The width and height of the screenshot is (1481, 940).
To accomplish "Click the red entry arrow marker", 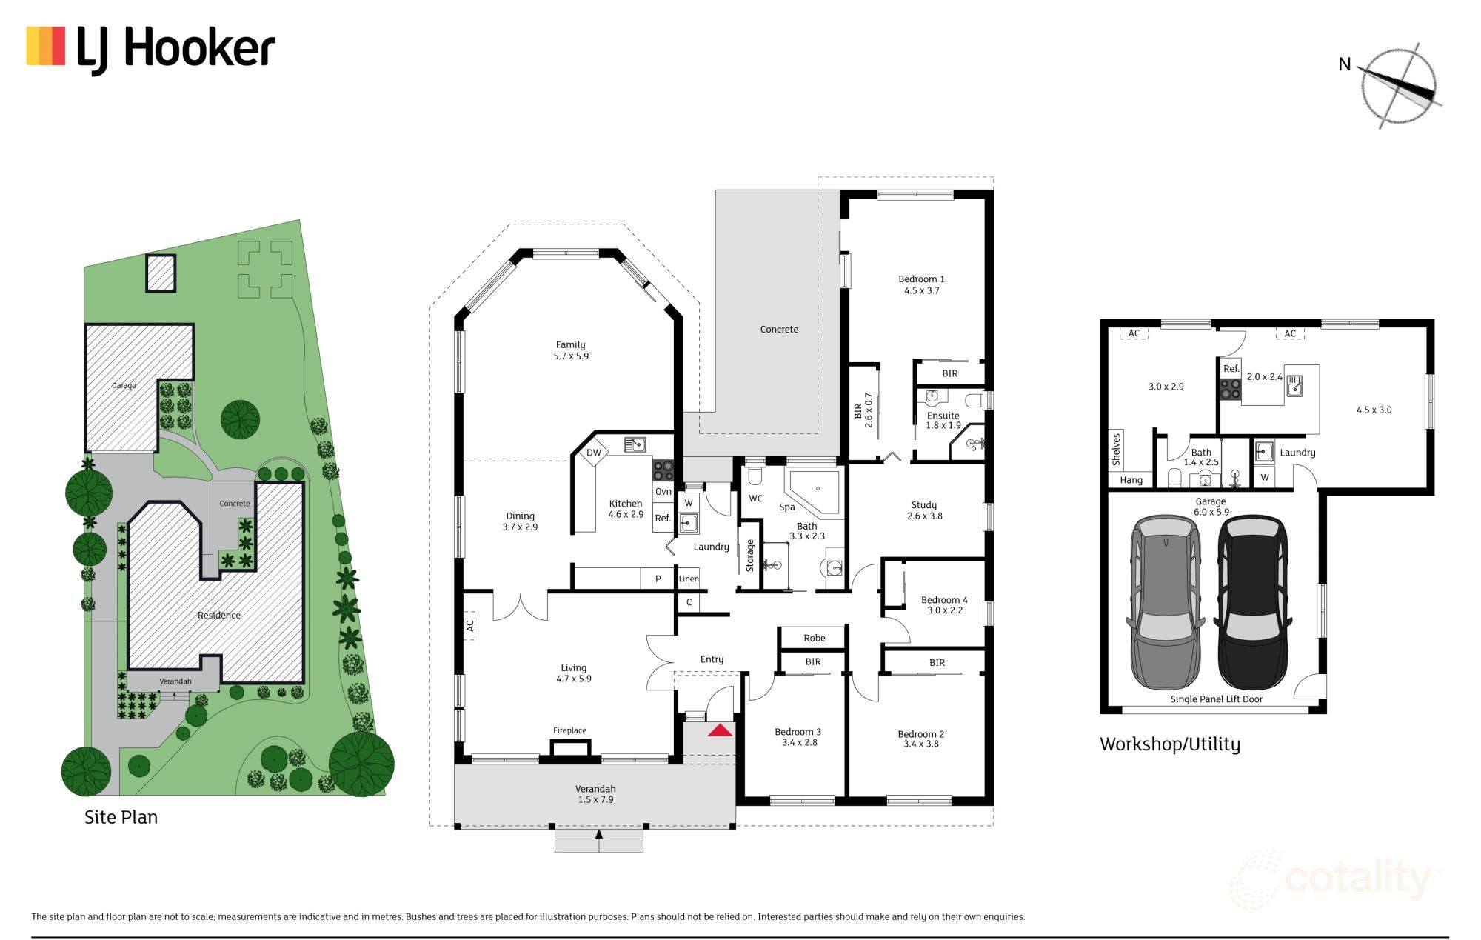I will click(x=720, y=731).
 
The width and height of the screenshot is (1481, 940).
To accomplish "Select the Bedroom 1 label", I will click(x=921, y=279).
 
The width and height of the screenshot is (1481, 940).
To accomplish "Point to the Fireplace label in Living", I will click(x=569, y=730).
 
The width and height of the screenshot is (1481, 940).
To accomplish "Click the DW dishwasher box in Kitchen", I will click(x=593, y=453).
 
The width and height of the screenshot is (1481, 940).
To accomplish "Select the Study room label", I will click(x=924, y=505).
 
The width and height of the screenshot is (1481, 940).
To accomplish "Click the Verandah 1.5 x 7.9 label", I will click(x=595, y=794).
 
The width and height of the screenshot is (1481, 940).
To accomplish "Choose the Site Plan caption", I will click(x=121, y=817).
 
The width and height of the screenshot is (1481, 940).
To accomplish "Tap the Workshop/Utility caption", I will click(x=1169, y=744).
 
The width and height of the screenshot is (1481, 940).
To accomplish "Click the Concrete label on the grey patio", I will click(x=779, y=330).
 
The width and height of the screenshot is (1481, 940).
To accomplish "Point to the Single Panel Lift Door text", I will click(x=1216, y=699).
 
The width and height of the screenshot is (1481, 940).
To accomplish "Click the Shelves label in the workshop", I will click(x=1116, y=449).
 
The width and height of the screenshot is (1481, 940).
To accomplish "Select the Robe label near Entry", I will click(x=814, y=638).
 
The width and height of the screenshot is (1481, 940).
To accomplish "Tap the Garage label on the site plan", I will click(x=124, y=385).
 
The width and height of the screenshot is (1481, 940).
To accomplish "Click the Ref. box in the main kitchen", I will click(x=663, y=519).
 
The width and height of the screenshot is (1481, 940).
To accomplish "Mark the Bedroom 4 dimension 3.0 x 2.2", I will click(x=945, y=610).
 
